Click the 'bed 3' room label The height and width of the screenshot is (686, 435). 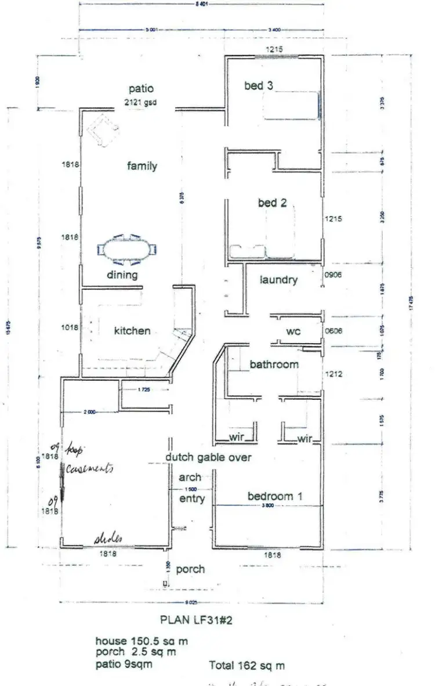pos(258,86)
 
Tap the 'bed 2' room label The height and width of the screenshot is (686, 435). pos(272,203)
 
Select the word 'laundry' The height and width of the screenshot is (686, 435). pos(278,280)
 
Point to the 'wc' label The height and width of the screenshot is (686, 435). pos(293,331)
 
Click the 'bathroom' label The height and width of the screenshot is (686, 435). pos(274,364)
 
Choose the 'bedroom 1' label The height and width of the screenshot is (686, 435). pos(275,496)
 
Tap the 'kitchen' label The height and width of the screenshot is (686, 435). pos(132,330)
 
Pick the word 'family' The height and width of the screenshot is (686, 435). pos(142,166)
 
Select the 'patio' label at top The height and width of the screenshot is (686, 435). pos(141,89)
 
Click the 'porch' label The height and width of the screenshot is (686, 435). pos(190,569)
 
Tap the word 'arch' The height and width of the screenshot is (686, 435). pos(190,478)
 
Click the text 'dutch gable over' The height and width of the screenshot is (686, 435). pos(208,457)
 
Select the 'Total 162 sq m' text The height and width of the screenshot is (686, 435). pos(246,666)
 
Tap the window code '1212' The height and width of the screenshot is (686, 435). pos(335,374)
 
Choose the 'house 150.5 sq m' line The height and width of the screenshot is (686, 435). pos(142,641)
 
